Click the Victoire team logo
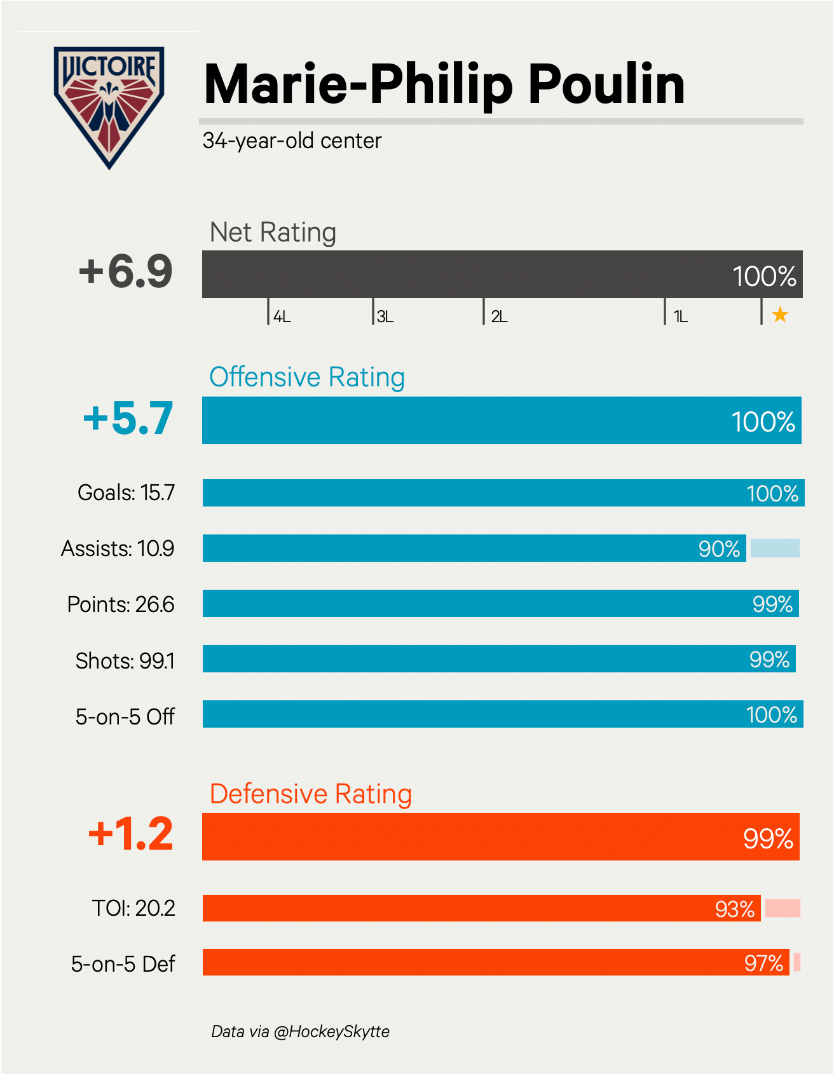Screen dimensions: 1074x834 pyautogui.click(x=109, y=105)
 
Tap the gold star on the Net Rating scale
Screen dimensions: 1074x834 pyautogui.click(x=780, y=315)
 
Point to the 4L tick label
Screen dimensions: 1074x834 pyautogui.click(x=282, y=316)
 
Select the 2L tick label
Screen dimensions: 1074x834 pyautogui.click(x=499, y=316)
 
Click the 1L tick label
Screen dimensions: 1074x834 pyautogui.click(x=681, y=316)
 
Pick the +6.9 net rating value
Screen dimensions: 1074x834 pyautogui.click(x=126, y=271)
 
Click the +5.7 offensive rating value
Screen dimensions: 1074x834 pyautogui.click(x=128, y=419)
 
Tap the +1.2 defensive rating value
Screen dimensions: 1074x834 pyautogui.click(x=130, y=834)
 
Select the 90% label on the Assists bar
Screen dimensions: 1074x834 pyautogui.click(x=719, y=549)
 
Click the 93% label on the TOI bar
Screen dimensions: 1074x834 pyautogui.click(x=735, y=909)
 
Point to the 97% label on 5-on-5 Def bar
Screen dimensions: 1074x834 pyautogui.click(x=763, y=963)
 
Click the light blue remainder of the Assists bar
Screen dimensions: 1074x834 pyautogui.click(x=775, y=548)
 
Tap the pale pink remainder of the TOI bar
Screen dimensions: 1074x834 pyautogui.click(x=783, y=908)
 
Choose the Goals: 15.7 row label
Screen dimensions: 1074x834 pyautogui.click(x=126, y=493)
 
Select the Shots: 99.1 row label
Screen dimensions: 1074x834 pyautogui.click(x=125, y=661)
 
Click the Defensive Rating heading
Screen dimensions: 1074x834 pyautogui.click(x=311, y=794)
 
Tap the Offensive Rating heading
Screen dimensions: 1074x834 pyautogui.click(x=307, y=377)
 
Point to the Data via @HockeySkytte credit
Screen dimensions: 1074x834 pyautogui.click(x=300, y=1031)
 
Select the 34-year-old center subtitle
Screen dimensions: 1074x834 pyautogui.click(x=292, y=140)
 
